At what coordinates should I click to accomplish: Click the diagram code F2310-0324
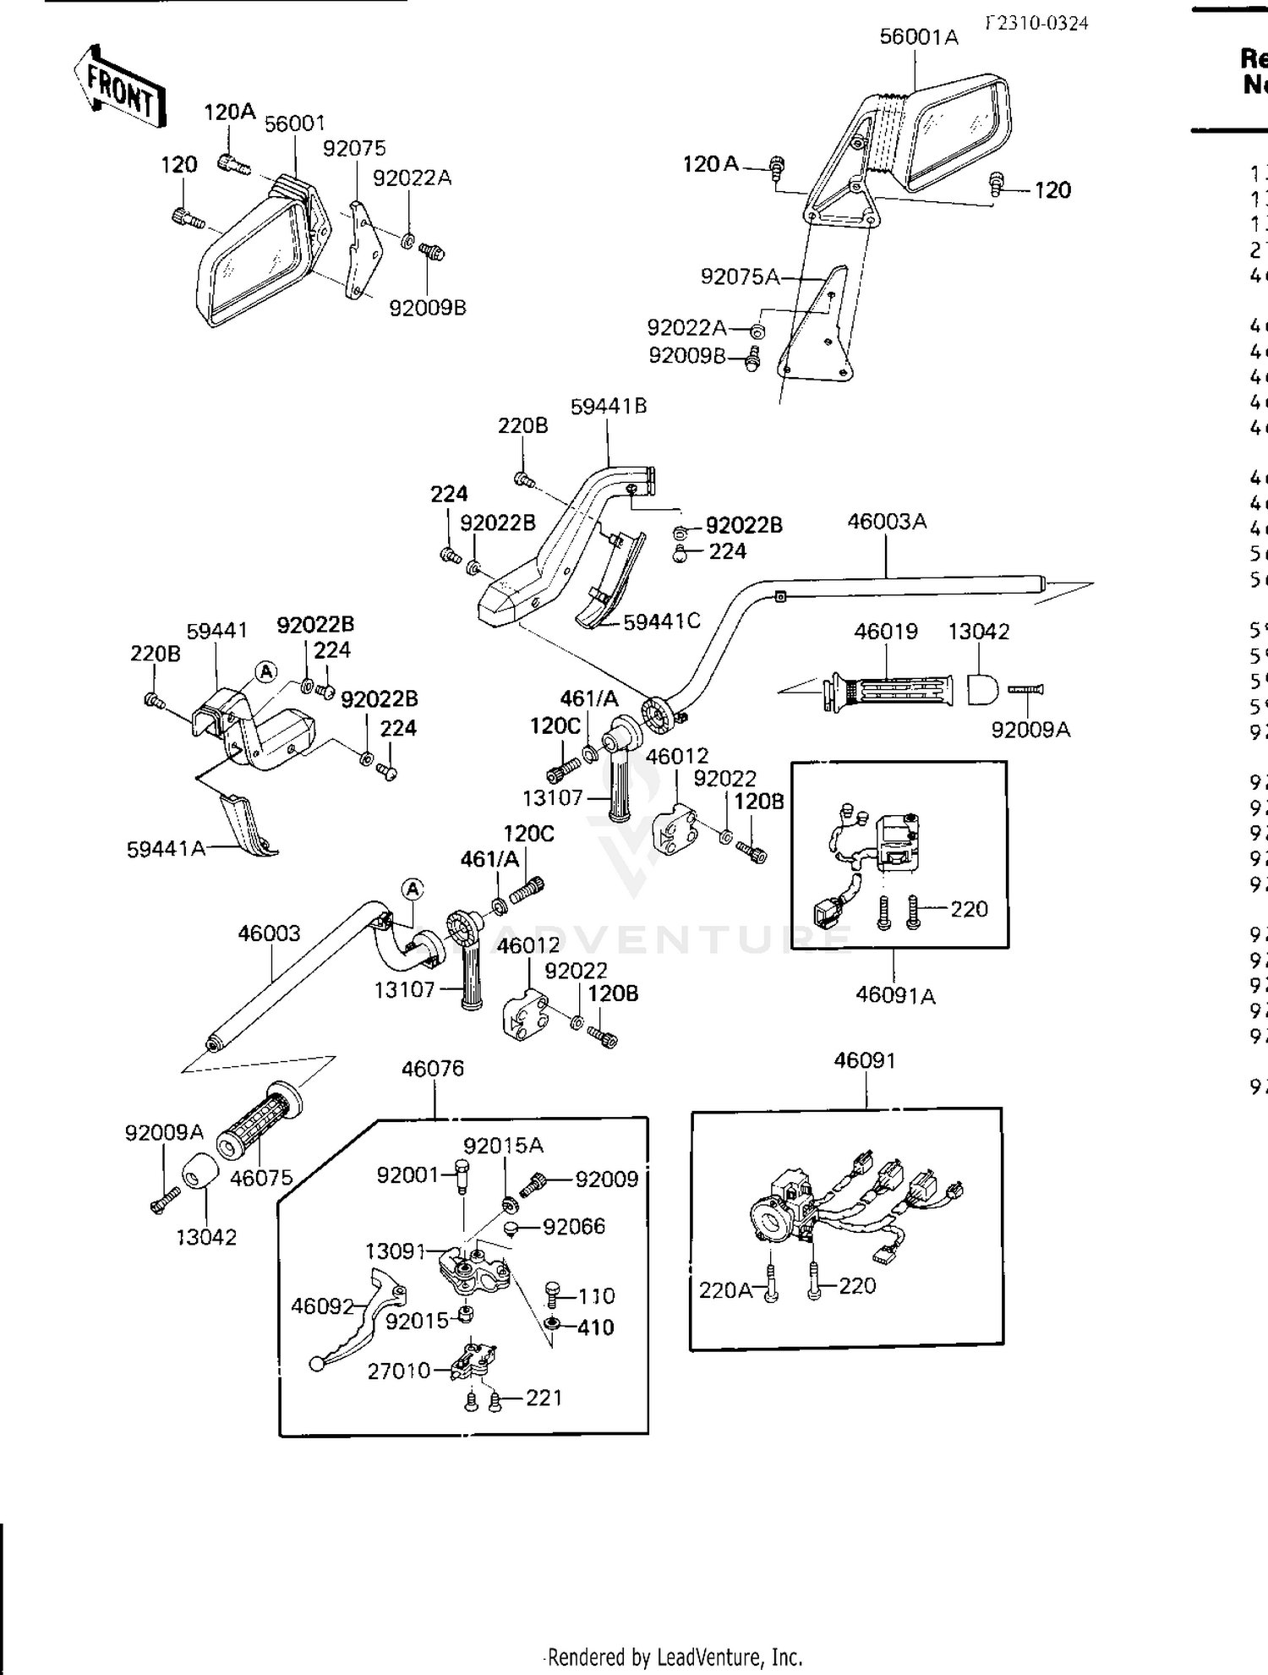pyautogui.click(x=1036, y=23)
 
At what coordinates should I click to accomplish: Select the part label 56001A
pyautogui.click(x=919, y=37)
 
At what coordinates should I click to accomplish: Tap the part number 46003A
pyautogui.click(x=887, y=522)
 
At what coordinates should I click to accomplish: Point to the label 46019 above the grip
pyautogui.click(x=886, y=632)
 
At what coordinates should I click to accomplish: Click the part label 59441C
pyautogui.click(x=662, y=621)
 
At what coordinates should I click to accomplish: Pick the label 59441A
pyautogui.click(x=167, y=848)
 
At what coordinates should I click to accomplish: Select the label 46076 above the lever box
pyautogui.click(x=433, y=1069)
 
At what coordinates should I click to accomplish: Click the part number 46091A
pyautogui.click(x=895, y=995)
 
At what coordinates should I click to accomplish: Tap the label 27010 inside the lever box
pyautogui.click(x=399, y=1371)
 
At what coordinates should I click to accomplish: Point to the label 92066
pyautogui.click(x=574, y=1226)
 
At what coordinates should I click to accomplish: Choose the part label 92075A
pyautogui.click(x=741, y=276)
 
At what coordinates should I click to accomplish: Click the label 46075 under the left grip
pyautogui.click(x=261, y=1177)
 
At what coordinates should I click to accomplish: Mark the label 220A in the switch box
pyautogui.click(x=725, y=1290)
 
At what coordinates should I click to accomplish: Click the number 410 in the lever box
pyautogui.click(x=595, y=1327)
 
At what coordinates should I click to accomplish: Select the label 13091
pyautogui.click(x=396, y=1251)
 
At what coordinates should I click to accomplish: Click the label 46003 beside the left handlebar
pyautogui.click(x=269, y=933)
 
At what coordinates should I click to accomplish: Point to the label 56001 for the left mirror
pyautogui.click(x=295, y=123)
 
